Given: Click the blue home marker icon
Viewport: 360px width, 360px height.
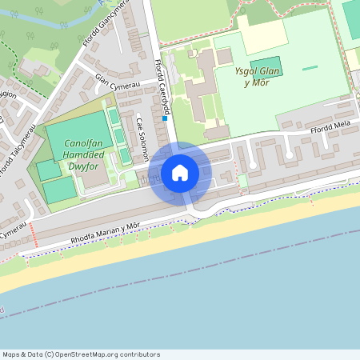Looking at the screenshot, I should click(180, 172).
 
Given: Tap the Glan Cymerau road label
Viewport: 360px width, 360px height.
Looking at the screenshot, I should click(118, 80).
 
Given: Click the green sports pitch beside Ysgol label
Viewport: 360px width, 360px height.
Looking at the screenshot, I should click(266, 67).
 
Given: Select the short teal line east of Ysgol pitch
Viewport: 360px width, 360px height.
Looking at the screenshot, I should click(309, 66).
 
